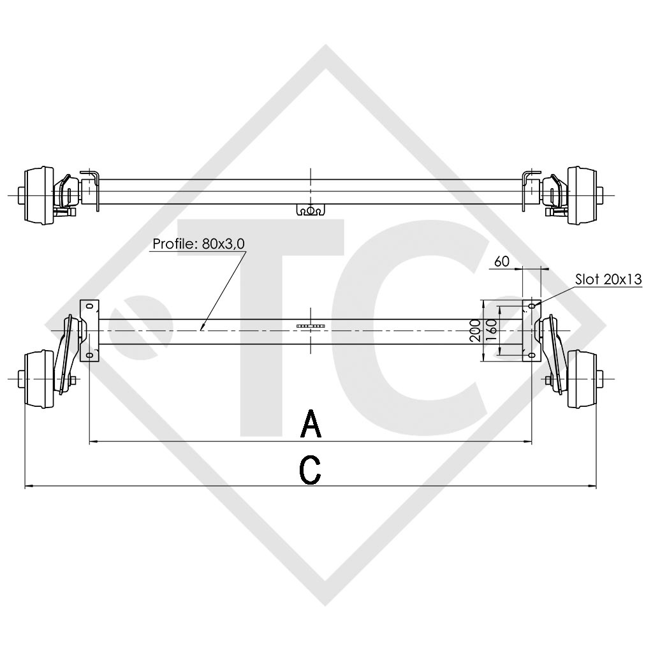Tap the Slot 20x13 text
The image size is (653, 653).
pyautogui.click(x=608, y=279)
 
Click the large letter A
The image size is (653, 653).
pyautogui.click(x=311, y=425)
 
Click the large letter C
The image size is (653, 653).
pyautogui.click(x=311, y=471)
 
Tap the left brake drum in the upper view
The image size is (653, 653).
pyautogui.click(x=40, y=194)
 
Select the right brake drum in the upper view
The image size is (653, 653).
pyautogui.click(x=582, y=194)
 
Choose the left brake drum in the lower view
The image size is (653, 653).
pyautogui.click(x=40, y=380)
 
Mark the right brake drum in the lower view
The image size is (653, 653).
pyautogui.click(x=582, y=380)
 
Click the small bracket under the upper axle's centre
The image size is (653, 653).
pyautogui.click(x=311, y=210)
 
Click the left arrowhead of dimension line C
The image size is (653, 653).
pyautogui.click(x=27, y=487)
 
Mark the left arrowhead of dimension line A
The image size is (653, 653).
pyautogui.click(x=92, y=441)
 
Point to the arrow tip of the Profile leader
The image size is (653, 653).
pyautogui.click(x=200, y=330)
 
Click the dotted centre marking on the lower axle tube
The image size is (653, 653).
pyautogui.click(x=311, y=326)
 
